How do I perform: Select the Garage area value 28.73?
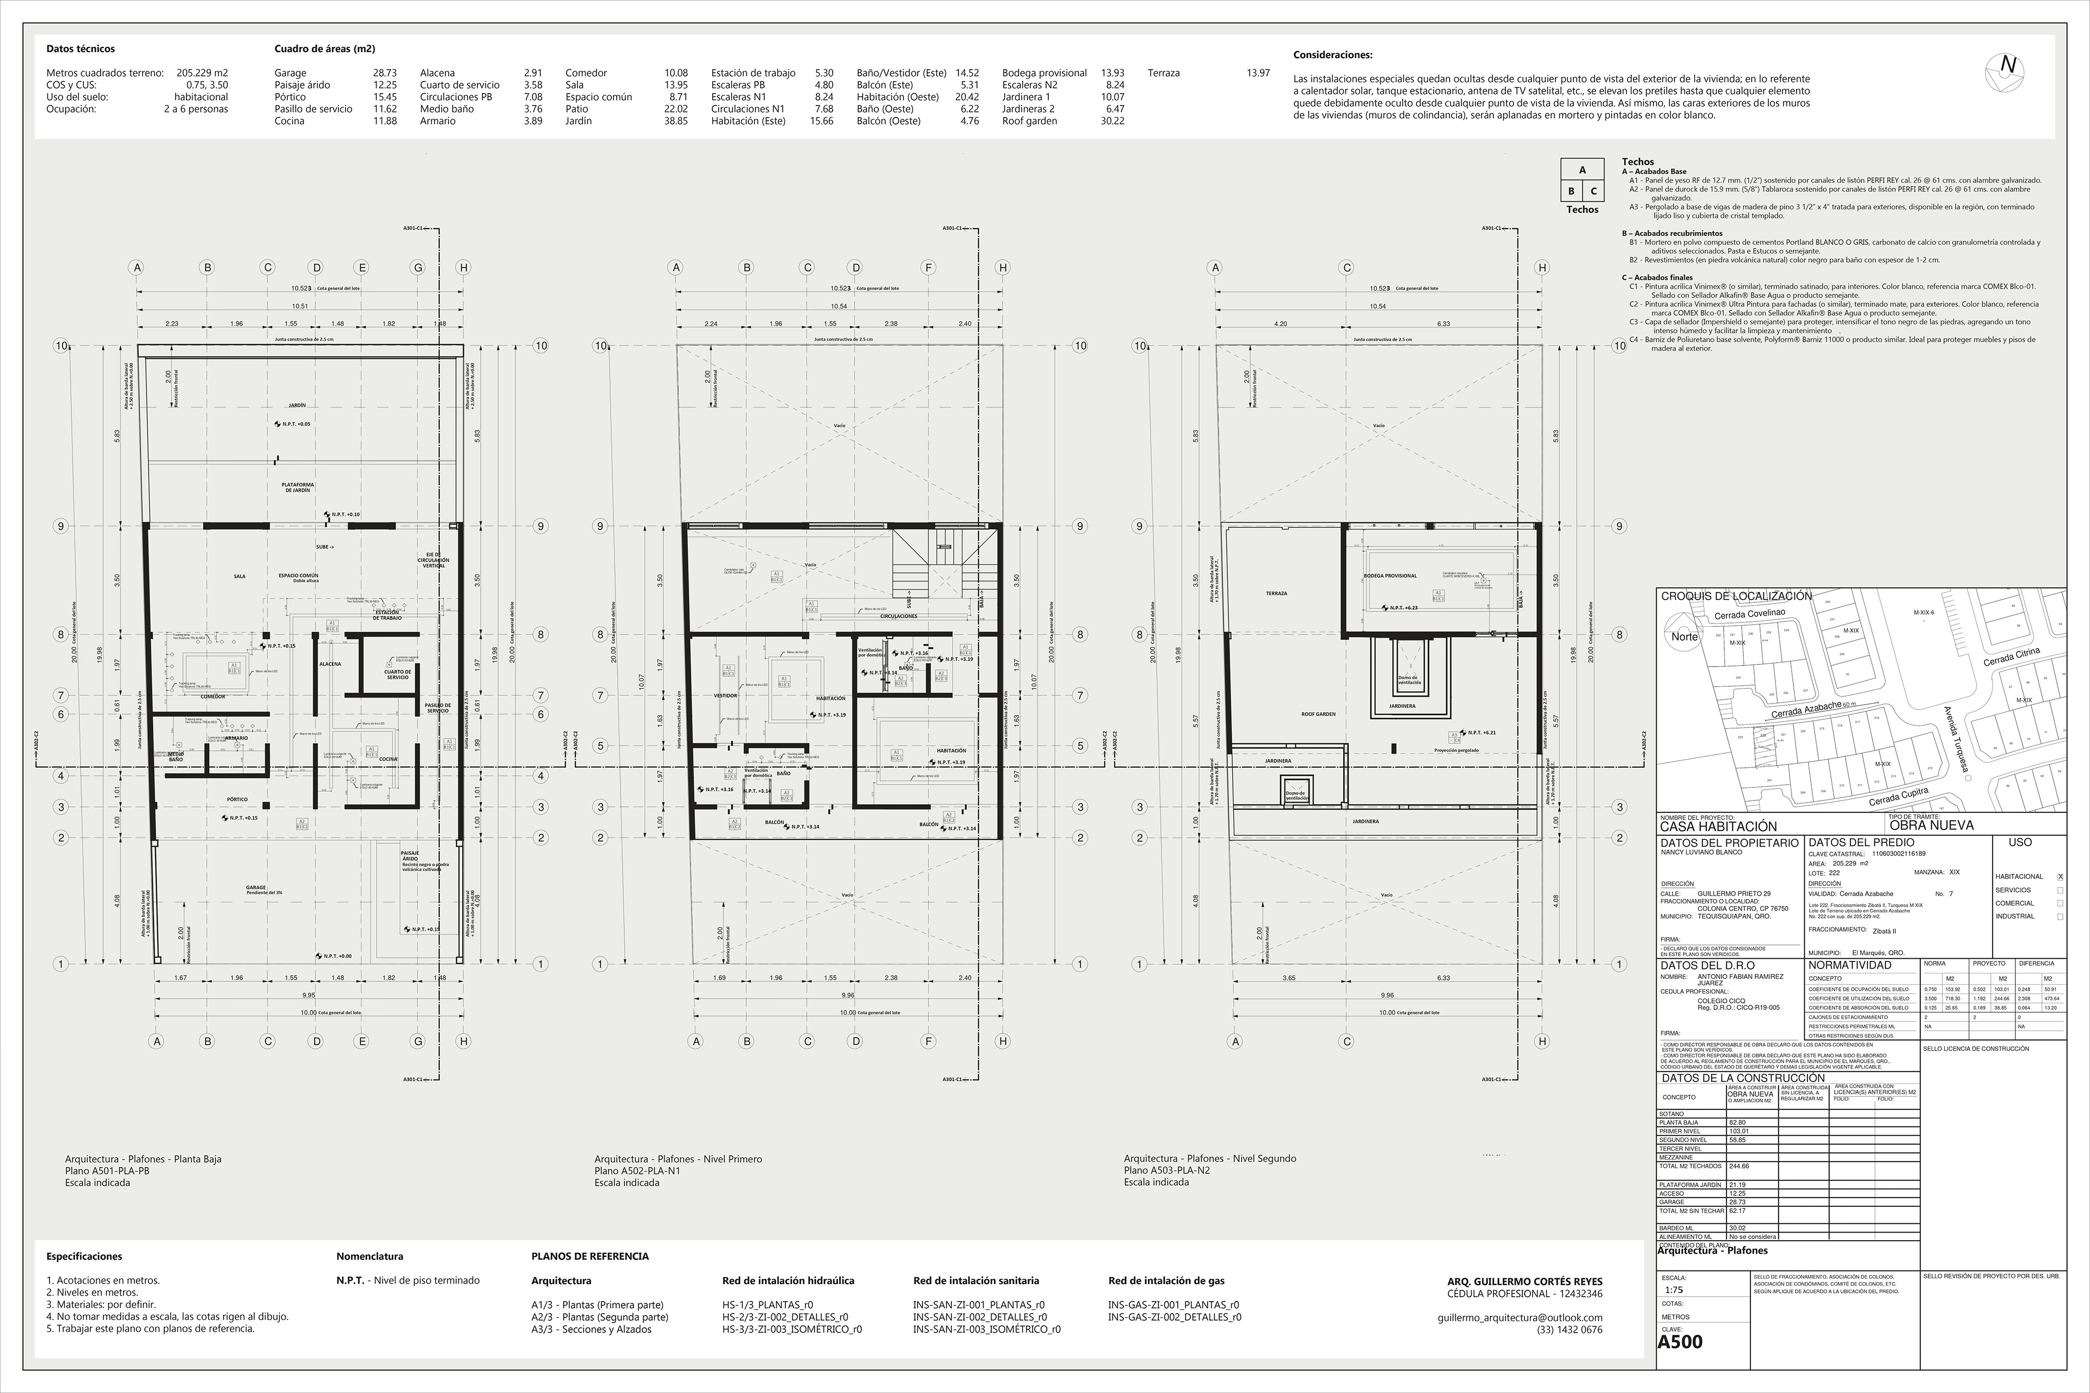tap(385, 73)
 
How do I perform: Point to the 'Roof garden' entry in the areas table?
tap(1029, 121)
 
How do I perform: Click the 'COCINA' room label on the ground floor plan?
tap(388, 760)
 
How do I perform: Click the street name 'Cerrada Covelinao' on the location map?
tap(1749, 614)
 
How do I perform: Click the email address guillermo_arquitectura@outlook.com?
tap(1520, 1317)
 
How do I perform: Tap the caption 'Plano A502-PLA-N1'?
tap(637, 1171)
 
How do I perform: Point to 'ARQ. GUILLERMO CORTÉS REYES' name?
tap(1525, 1282)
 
